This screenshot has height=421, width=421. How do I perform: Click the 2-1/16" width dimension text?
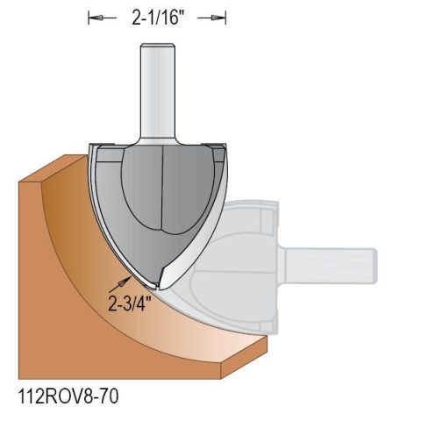click(157, 18)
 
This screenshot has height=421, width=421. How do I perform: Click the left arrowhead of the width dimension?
click(96, 18)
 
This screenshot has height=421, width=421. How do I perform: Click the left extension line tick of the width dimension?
click(89, 18)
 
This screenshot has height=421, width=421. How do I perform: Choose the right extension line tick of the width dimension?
click(226, 18)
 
